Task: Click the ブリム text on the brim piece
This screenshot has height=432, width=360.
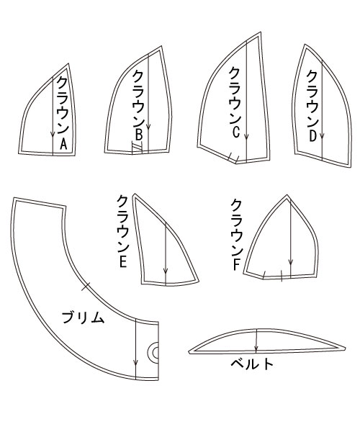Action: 83,318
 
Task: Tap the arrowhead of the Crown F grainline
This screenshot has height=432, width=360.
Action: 290,264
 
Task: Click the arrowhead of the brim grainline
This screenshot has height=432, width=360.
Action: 135,364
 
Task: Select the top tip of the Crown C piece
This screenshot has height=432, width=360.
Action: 261,31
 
